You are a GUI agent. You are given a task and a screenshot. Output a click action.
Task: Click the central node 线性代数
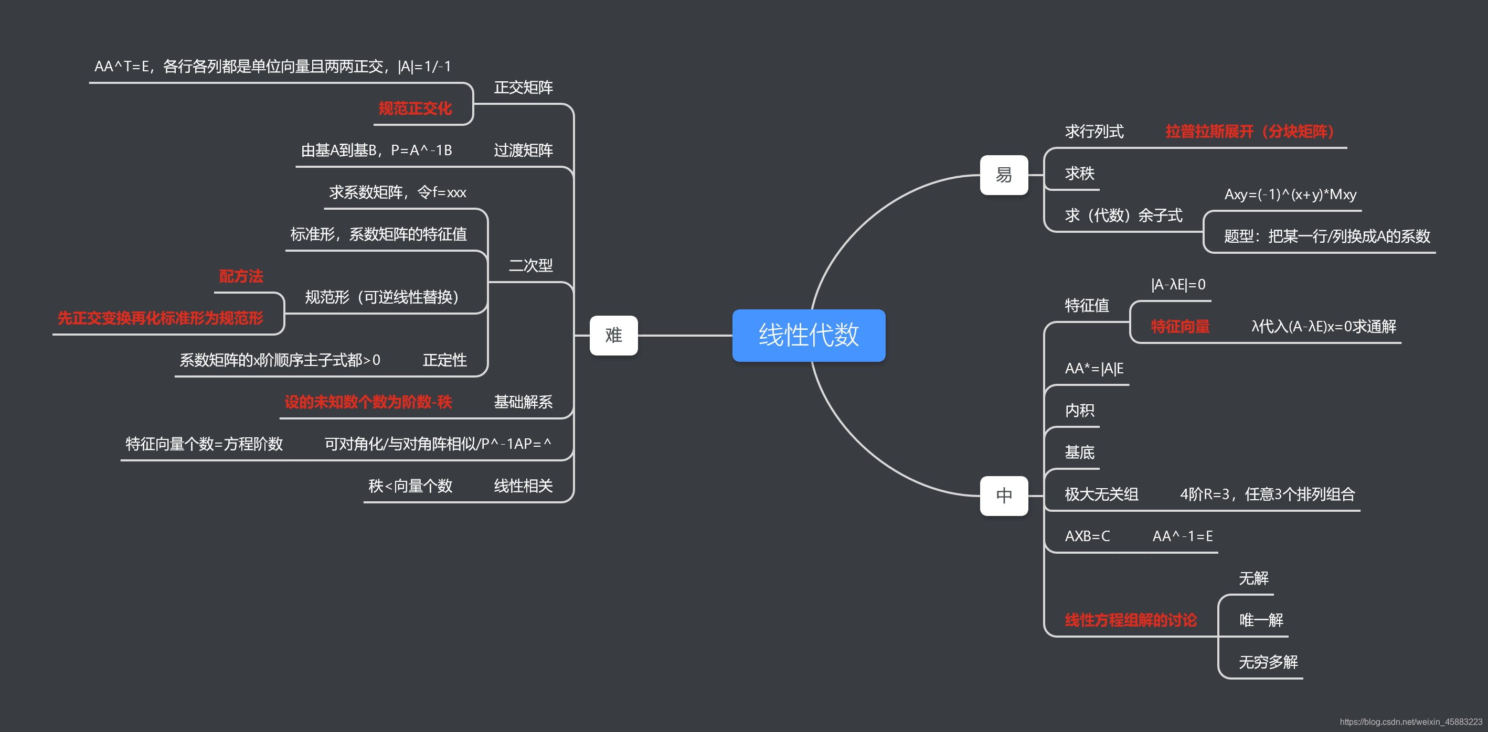(808, 336)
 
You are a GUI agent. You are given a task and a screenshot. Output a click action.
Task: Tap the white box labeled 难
(613, 336)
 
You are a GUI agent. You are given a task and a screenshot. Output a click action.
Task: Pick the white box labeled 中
(1003, 496)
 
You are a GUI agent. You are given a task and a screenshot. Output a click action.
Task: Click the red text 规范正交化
(414, 109)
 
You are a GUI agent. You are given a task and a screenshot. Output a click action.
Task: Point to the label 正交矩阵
(523, 88)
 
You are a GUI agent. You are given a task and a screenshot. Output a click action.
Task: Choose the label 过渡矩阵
(523, 150)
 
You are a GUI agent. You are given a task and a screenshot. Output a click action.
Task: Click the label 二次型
(530, 265)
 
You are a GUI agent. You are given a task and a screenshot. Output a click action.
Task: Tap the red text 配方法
(241, 276)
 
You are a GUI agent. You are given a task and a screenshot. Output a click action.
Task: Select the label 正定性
(444, 360)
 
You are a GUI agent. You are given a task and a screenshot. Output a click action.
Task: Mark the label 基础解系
(523, 402)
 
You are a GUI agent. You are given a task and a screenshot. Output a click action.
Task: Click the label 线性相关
(523, 486)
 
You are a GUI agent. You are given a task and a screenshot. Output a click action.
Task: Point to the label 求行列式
(1094, 132)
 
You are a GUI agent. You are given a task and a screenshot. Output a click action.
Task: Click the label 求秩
(1079, 174)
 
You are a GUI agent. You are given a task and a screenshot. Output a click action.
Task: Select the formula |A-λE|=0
(1178, 285)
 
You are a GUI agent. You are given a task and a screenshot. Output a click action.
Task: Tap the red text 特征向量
(1179, 327)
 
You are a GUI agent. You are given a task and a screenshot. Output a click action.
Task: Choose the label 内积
(1079, 411)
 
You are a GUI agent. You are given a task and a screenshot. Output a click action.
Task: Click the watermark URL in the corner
(1410, 722)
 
